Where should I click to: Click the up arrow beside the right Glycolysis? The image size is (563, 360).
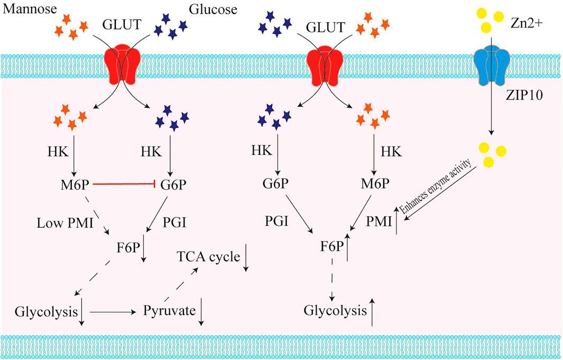coord(373,312)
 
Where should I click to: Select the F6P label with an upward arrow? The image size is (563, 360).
coord(332,246)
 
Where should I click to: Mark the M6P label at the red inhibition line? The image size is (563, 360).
coord(75,184)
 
